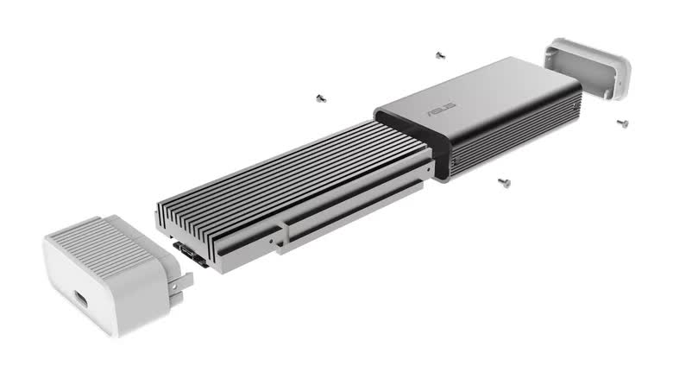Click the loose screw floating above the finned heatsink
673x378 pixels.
click(x=321, y=97)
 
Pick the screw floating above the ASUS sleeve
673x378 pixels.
click(x=440, y=54)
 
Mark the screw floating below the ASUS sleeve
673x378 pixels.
click(x=502, y=182)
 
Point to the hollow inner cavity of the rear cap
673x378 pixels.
click(x=600, y=76)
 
